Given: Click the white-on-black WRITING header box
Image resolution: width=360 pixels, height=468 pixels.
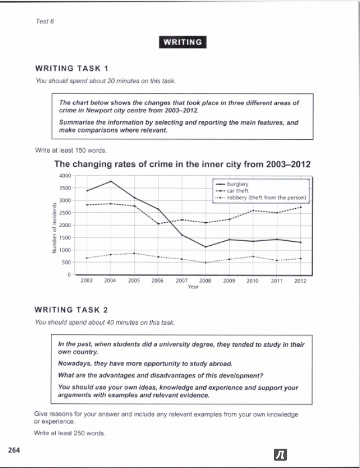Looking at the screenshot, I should (182, 42).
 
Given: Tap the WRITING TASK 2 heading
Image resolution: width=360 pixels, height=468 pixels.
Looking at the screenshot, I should (71, 310).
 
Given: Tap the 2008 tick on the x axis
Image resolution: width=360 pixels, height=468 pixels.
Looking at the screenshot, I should (205, 281).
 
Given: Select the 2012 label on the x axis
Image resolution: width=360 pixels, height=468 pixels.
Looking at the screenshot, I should (300, 281).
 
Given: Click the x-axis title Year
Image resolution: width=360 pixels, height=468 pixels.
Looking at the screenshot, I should (193, 287).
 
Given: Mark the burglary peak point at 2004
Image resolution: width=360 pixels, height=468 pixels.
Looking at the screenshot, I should (110, 181).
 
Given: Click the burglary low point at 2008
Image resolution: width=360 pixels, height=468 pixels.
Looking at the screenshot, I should (205, 247).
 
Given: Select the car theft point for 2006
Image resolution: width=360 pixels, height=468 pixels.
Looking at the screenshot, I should (157, 223).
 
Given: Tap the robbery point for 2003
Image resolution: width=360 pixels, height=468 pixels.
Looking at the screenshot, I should (87, 258).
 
